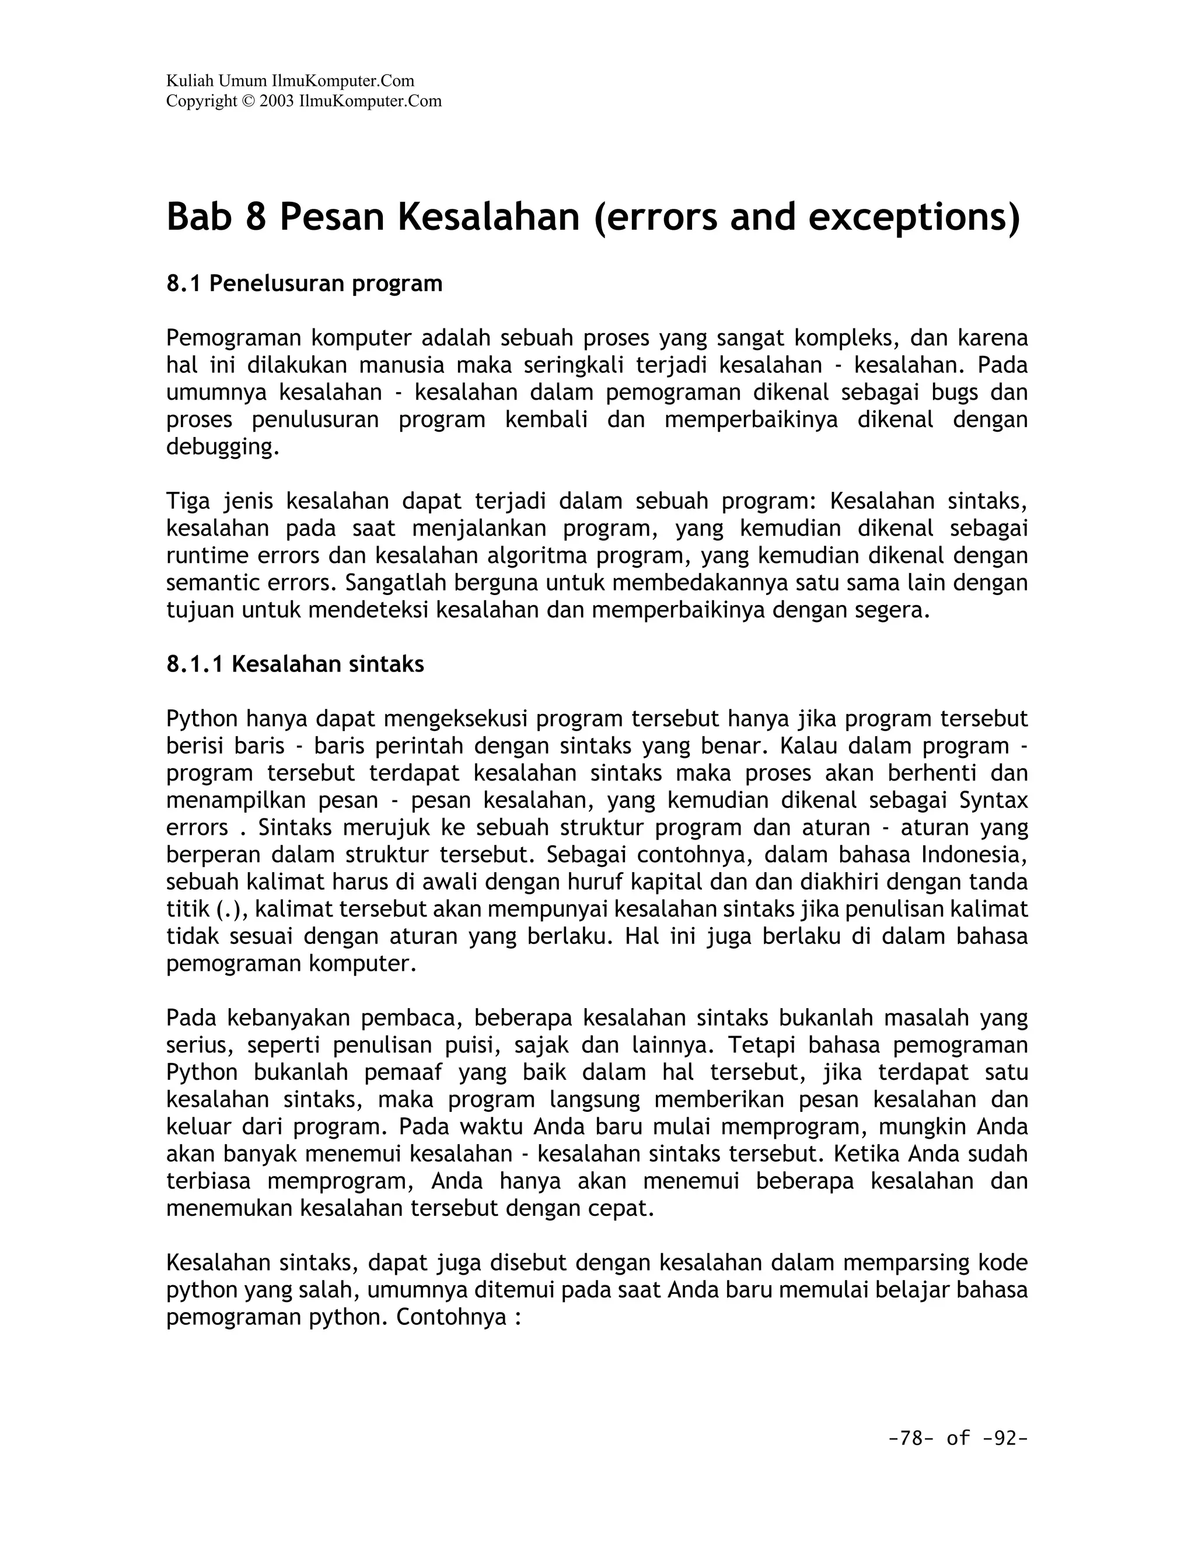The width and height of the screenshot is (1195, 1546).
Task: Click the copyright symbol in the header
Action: click(x=247, y=102)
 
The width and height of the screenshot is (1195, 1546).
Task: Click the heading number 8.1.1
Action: click(x=195, y=664)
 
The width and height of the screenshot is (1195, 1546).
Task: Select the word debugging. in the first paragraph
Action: click(x=223, y=447)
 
